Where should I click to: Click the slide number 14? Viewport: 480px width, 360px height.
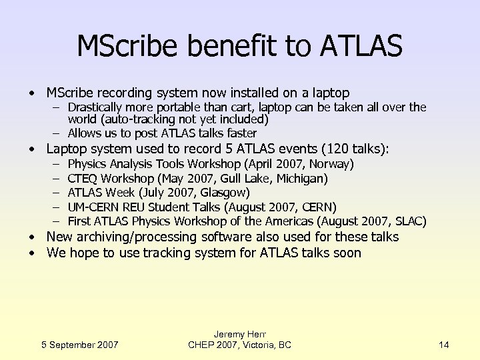click(444, 345)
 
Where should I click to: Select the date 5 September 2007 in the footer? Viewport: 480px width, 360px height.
click(79, 345)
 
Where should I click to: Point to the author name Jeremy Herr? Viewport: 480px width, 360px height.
click(239, 333)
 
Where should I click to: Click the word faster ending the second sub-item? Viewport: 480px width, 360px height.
click(239, 133)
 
